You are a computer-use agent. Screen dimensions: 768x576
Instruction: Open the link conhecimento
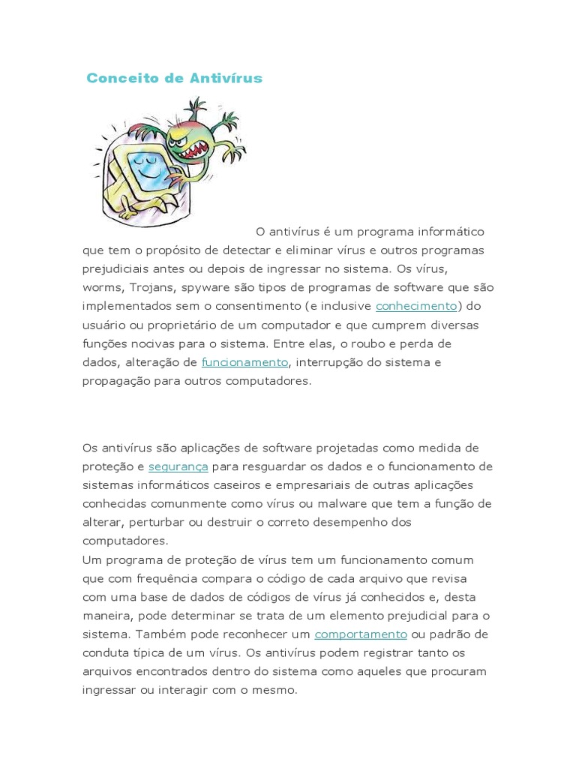[x=416, y=306]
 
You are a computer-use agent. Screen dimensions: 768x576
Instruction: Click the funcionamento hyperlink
[x=244, y=362]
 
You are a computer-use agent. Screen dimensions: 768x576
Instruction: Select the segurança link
[x=178, y=466]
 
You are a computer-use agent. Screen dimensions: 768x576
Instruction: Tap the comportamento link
[x=361, y=634]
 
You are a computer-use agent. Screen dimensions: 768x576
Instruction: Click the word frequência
[x=167, y=578]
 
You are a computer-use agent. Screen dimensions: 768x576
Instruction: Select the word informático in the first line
[x=448, y=232]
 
